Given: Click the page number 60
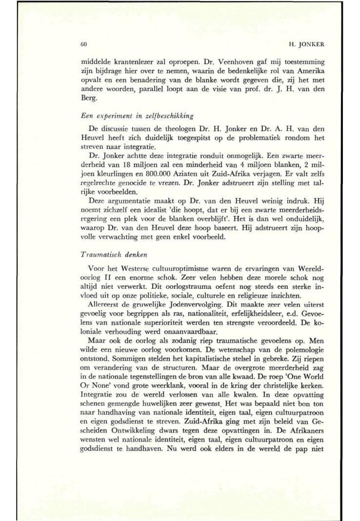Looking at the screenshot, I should (x=83, y=45).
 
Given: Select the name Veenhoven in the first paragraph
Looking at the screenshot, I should (x=218, y=62).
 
